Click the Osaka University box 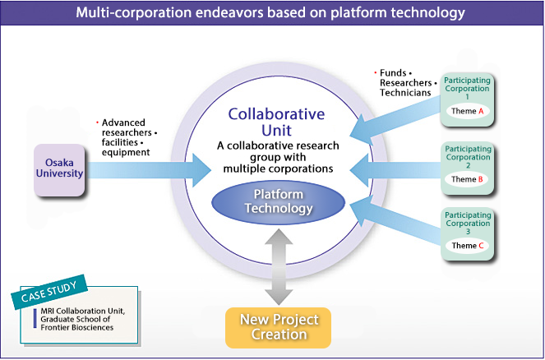(x=60, y=170)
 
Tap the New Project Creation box (x=278, y=326)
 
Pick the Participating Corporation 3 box (x=467, y=233)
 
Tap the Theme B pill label (x=467, y=179)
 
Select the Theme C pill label (x=467, y=246)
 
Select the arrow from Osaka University (x=148, y=170)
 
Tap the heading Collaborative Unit (x=276, y=122)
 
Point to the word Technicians (x=405, y=94)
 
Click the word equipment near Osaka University (x=127, y=152)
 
